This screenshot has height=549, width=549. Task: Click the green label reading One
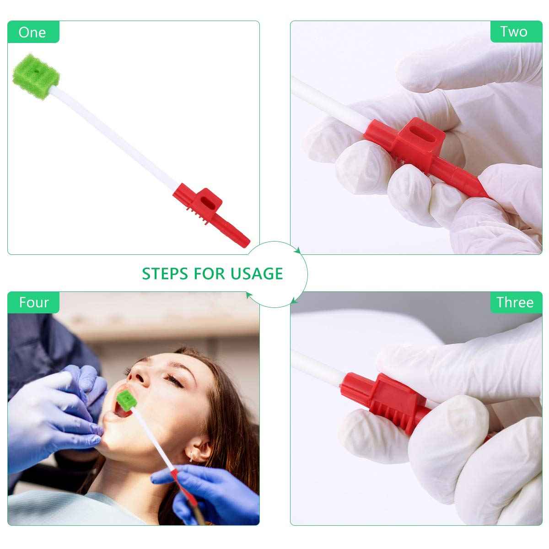tap(32, 32)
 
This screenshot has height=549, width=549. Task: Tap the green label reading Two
tap(514, 32)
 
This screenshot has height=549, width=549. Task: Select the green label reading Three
tap(515, 302)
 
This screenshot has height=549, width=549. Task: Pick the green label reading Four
tap(34, 302)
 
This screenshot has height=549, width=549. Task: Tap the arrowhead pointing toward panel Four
tap(248, 296)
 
